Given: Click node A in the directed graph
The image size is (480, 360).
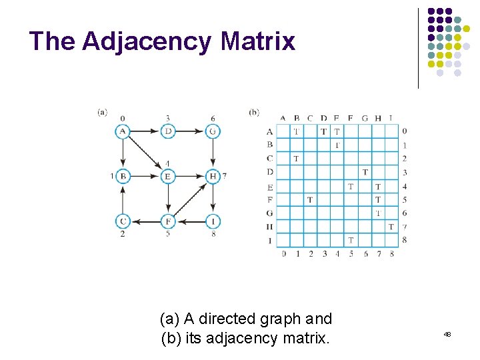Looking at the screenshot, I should [123, 131].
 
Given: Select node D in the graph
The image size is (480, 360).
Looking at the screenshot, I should [168, 131].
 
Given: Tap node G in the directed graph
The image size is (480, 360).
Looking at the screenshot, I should [213, 131].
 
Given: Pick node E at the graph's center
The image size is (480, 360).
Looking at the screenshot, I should [168, 176].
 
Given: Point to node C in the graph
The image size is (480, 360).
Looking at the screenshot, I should [123, 221].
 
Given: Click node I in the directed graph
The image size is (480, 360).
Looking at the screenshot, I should [213, 221].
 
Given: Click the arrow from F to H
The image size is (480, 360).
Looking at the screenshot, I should [191, 199].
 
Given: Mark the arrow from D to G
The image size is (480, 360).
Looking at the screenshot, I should [190, 131].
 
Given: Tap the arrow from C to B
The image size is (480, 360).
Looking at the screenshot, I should [123, 199].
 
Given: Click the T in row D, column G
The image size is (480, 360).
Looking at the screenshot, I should [365, 172].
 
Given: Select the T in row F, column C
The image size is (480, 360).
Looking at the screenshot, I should [309, 199].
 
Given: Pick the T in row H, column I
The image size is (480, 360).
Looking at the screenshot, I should [391, 227].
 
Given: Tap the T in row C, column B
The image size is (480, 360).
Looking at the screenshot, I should [296, 158].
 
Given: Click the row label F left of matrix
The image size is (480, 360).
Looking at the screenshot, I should [269, 199].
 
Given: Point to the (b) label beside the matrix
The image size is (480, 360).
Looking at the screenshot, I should [254, 112].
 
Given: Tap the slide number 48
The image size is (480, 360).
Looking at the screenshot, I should [447, 333].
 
